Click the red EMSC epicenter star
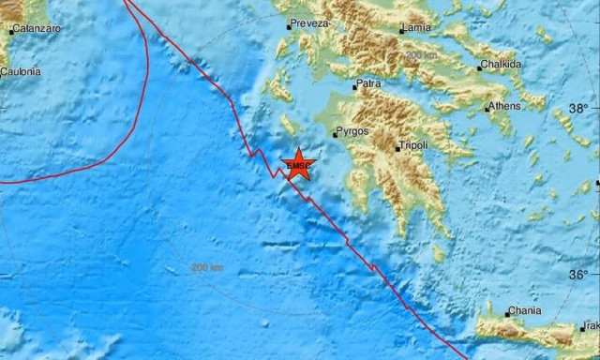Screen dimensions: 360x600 pos(299,165)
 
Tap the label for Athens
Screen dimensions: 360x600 pos(502,105)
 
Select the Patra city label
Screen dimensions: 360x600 pos(369,84)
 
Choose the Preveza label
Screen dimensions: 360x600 pos(309,23)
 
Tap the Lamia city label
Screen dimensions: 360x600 pos(417,29)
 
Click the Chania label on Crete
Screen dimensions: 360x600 pos(524,312)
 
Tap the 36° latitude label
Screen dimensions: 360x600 pos(578,275)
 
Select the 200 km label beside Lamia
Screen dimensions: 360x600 pos(422,56)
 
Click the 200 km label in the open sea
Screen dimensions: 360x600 pos(207,268)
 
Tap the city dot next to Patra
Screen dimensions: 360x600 pos(354,86)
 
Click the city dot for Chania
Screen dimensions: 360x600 pos(507,313)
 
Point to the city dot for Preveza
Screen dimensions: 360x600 pos(289,26)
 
